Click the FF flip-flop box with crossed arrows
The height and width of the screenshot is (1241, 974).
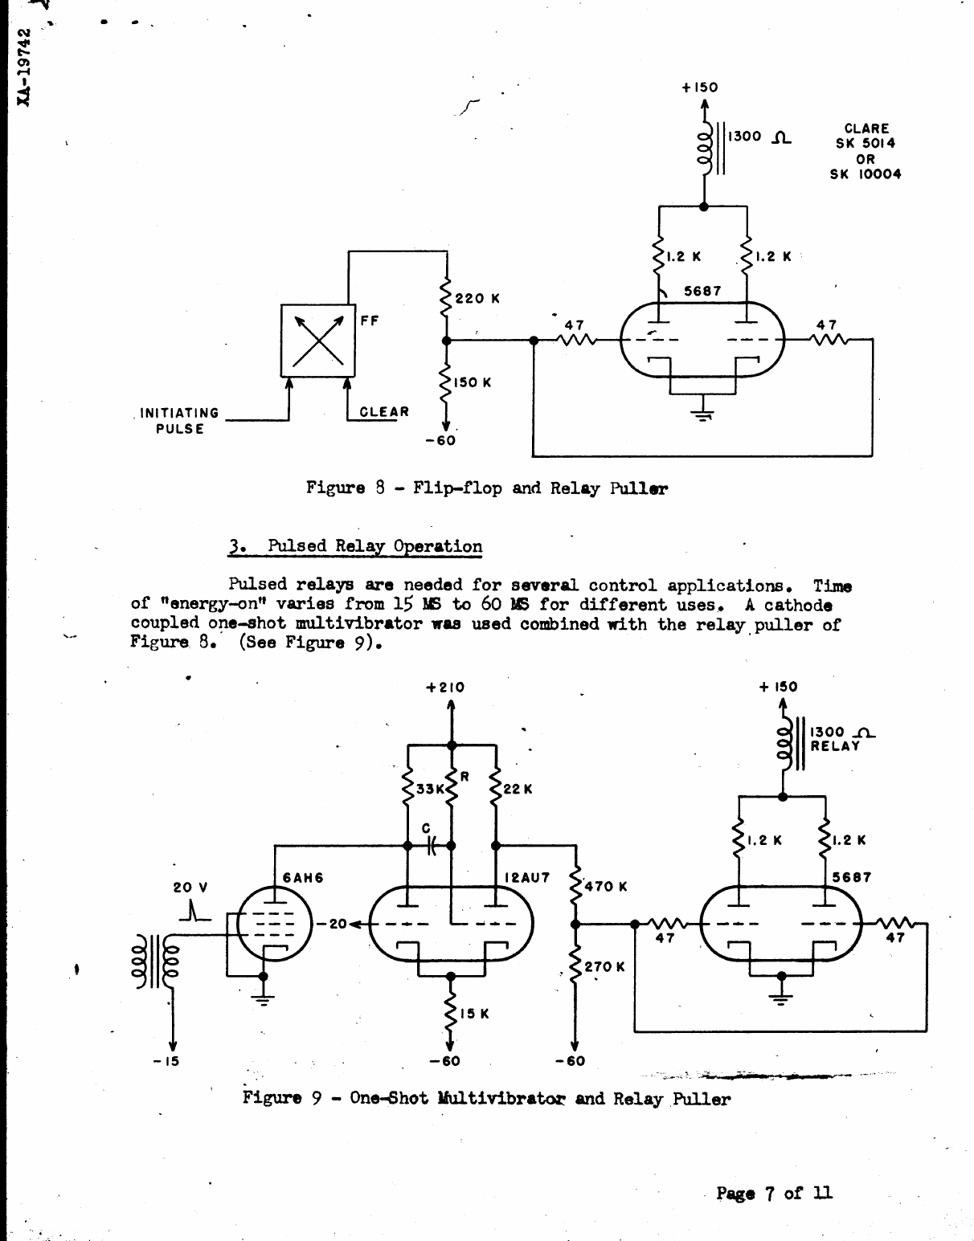(x=317, y=341)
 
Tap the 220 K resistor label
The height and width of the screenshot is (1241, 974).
(x=477, y=299)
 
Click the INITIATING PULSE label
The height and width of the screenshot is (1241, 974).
(x=179, y=421)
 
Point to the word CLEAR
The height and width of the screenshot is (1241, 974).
(x=384, y=412)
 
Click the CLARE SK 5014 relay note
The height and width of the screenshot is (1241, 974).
(x=866, y=151)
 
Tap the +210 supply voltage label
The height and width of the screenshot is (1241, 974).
(x=445, y=688)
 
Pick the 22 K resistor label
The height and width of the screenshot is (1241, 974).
(x=518, y=790)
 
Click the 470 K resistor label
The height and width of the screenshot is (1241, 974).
(x=606, y=887)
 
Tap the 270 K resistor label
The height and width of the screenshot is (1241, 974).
(x=604, y=967)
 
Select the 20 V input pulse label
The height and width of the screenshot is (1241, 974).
(x=190, y=888)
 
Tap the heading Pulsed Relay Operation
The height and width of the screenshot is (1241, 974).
(x=356, y=547)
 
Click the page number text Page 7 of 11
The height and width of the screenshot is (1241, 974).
(x=774, y=1194)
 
